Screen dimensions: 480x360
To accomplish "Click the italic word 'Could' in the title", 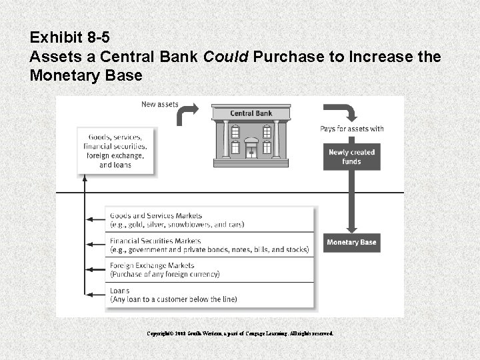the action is [226, 57].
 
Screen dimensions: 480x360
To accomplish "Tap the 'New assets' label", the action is [159, 104].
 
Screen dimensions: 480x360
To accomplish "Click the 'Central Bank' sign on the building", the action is [251, 113].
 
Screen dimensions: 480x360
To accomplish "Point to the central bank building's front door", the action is [251, 151].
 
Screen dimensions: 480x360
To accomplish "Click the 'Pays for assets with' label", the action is [352, 129].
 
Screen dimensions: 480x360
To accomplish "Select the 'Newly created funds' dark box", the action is [351, 157].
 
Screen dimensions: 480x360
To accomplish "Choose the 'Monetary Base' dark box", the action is [351, 242].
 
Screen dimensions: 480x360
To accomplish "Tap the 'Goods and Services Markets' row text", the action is [155, 216].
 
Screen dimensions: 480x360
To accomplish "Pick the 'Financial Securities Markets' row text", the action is [155, 241].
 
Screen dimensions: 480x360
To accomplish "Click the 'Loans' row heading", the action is [119, 291].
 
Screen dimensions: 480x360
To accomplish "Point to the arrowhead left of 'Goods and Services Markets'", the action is [89, 219].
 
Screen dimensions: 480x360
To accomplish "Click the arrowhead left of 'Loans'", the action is [89, 294].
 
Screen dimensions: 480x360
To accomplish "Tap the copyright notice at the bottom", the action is [240, 333].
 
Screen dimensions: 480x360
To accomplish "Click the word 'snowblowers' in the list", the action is [190, 225].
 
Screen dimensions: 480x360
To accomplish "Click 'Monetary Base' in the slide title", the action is [86, 75].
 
